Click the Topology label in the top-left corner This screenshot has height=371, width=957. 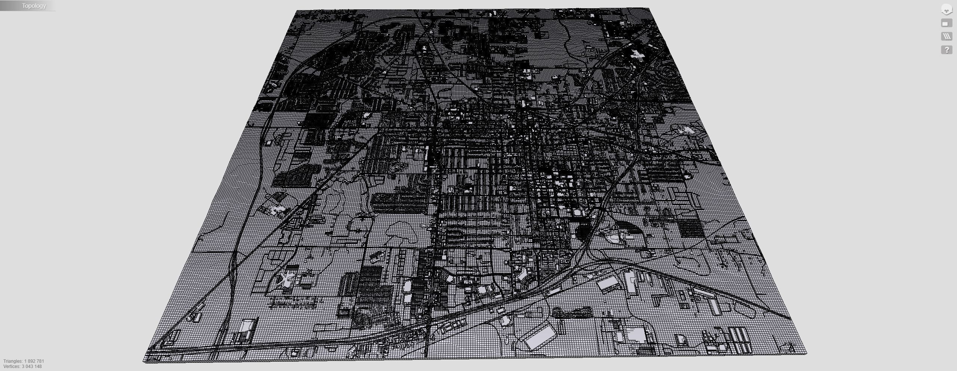pos(34,6)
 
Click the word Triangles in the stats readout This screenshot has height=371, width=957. pos(13,361)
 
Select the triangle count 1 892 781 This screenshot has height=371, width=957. pos(34,361)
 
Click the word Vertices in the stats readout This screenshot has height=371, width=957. pos(12,367)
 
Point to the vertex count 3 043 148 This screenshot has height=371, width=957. pos(32,367)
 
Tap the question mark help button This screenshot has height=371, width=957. pos(947,50)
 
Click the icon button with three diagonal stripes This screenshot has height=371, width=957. pos(947,36)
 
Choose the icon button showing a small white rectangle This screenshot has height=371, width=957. pos(947,23)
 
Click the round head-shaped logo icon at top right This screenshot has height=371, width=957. pos(947,10)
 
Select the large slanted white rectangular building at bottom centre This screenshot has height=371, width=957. pos(541,337)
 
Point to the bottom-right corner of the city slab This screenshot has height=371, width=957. pos(806,353)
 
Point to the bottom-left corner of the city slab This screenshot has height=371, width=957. pos(144,361)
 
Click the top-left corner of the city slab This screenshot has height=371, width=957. pos(296,11)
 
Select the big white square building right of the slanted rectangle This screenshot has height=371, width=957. pos(634,334)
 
